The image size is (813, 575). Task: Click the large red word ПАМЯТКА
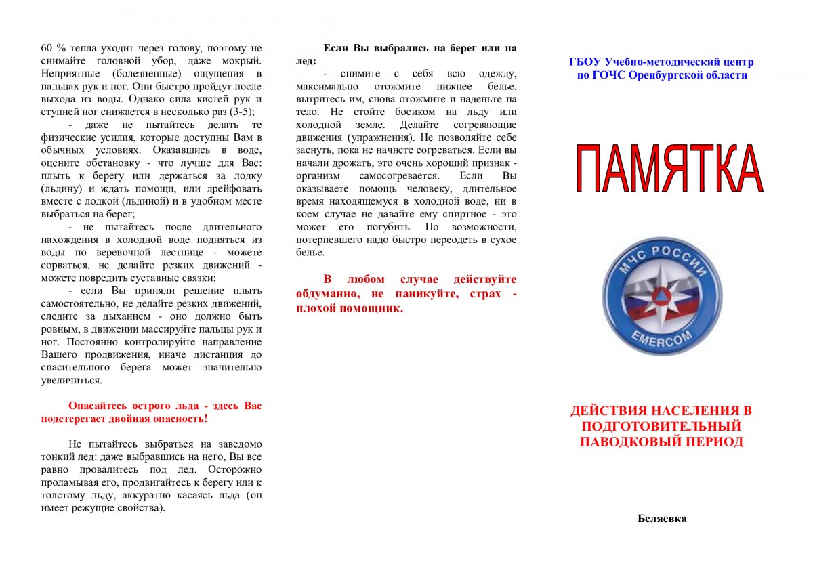669,168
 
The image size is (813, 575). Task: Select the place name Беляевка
662,519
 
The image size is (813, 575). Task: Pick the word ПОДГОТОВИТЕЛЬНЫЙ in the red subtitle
661,426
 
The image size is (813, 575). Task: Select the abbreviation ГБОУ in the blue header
585,62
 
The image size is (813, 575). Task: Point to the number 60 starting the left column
47,48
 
